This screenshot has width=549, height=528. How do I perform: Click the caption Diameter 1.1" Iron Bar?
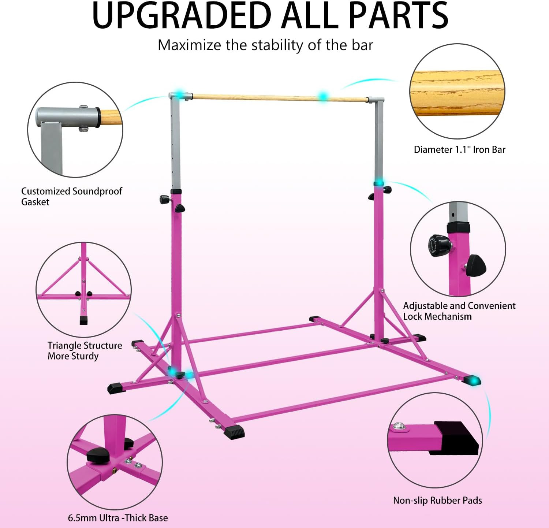pyautogui.click(x=459, y=150)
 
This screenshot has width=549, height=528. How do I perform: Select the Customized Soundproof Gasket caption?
pyautogui.click(x=71, y=196)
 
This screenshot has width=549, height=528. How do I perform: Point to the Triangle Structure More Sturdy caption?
pyautogui.click(x=85, y=351)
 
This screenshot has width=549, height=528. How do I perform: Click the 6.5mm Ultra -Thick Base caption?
pyautogui.click(x=117, y=518)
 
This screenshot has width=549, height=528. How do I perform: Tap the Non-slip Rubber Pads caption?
pyautogui.click(x=437, y=501)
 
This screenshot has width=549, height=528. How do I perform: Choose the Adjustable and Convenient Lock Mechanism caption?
pyautogui.click(x=459, y=311)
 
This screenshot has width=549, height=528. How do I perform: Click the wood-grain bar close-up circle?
pyautogui.click(x=457, y=91)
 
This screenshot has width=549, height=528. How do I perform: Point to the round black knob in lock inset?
pyautogui.click(x=439, y=245)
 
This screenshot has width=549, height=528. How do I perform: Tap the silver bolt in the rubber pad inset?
pyautogui.click(x=398, y=427)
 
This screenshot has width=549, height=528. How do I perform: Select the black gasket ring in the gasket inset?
pyautogui.click(x=98, y=118)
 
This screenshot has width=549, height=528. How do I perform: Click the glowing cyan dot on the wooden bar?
pyautogui.click(x=323, y=97)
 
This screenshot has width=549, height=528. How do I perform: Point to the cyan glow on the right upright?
pyautogui.click(x=378, y=183)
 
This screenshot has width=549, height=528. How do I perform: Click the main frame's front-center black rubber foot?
pyautogui.click(x=235, y=432)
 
